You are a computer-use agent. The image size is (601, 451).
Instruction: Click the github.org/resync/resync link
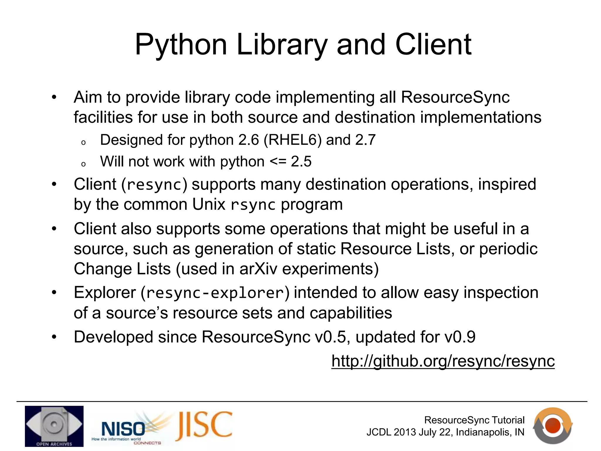[443, 361]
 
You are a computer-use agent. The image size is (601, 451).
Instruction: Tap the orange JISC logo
[204, 425]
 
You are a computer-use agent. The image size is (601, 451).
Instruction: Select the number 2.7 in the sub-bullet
[365, 140]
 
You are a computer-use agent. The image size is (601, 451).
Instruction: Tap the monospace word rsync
[253, 205]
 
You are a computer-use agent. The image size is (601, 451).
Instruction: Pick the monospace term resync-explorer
[215, 293]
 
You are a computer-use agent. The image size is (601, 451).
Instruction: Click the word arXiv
[258, 269]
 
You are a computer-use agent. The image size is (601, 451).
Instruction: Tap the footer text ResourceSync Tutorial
[474, 420]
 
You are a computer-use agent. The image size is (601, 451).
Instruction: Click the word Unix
[209, 204]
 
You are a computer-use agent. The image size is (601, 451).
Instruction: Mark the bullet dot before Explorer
[54, 293]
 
